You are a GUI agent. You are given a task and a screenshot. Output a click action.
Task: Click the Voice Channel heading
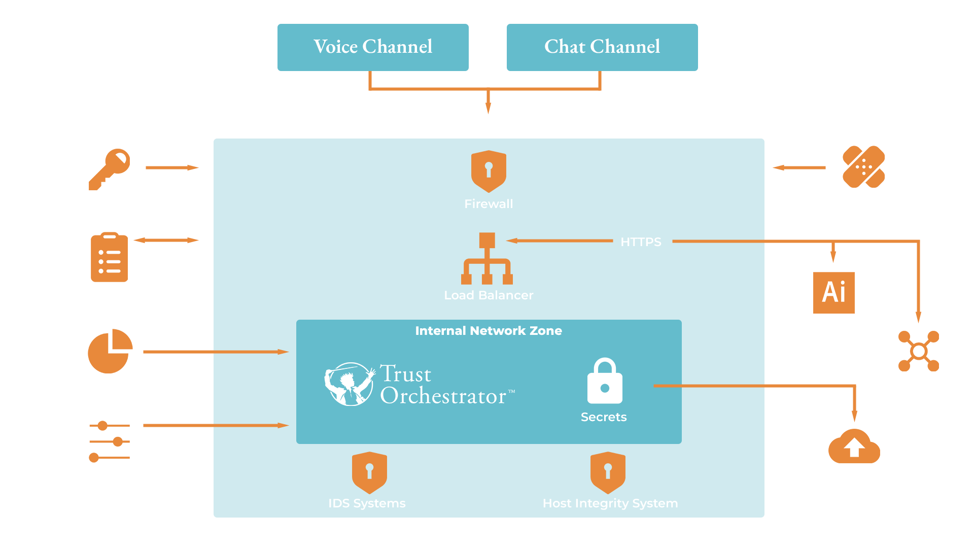(x=373, y=47)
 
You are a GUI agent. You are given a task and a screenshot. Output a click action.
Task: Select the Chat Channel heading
(x=602, y=47)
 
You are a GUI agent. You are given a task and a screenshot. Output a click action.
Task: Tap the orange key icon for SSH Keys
(x=110, y=169)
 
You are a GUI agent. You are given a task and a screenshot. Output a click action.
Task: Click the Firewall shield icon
(x=489, y=171)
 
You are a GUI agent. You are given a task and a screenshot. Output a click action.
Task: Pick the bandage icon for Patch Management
(x=863, y=167)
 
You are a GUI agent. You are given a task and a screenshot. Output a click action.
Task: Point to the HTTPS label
(x=641, y=242)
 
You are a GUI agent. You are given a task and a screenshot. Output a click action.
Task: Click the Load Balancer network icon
(x=487, y=259)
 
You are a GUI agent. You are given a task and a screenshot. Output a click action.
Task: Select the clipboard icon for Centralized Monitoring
(x=109, y=257)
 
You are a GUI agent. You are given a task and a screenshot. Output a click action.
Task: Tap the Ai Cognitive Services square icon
(x=834, y=292)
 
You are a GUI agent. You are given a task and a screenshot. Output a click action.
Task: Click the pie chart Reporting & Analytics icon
(x=110, y=351)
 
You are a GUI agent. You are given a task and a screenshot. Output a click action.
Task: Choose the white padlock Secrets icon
(x=605, y=381)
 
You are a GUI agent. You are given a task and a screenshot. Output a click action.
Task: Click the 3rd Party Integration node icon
(x=919, y=351)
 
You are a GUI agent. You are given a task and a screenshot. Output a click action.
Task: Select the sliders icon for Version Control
(x=109, y=441)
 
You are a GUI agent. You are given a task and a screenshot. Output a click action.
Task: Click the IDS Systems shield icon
(x=369, y=472)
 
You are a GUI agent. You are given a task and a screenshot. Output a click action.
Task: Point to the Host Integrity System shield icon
(x=608, y=472)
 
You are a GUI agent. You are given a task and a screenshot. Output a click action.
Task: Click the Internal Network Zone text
(x=489, y=331)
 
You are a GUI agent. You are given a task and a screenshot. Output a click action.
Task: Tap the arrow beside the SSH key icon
(x=172, y=167)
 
